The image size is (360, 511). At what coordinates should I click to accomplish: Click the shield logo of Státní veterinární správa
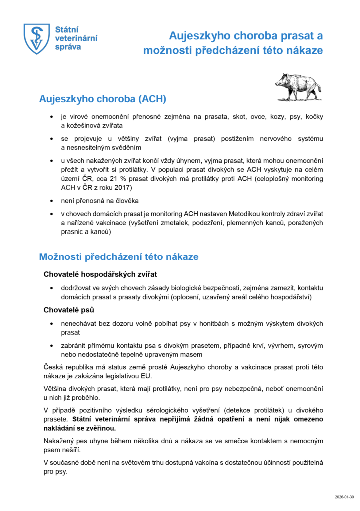(x=38, y=39)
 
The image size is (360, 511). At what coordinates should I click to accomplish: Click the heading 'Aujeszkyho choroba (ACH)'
(x=102, y=99)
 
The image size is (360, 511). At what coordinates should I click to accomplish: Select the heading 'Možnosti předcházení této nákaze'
(x=119, y=257)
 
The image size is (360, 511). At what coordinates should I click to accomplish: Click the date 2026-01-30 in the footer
(x=344, y=497)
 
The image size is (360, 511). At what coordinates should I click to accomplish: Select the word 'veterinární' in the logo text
(x=76, y=38)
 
